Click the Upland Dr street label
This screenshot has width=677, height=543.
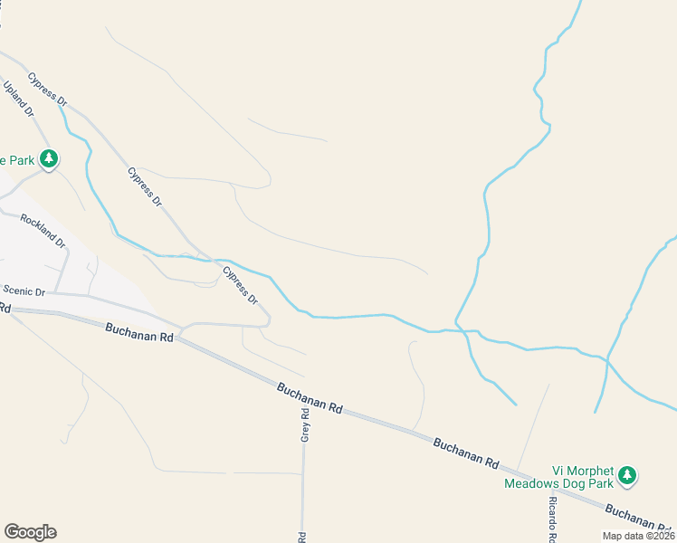(19, 100)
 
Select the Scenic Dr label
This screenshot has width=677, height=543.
(24, 291)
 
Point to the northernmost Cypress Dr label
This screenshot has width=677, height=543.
(48, 90)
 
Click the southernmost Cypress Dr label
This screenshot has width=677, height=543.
(241, 286)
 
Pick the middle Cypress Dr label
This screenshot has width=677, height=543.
(145, 186)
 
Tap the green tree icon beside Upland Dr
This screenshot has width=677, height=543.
(49, 161)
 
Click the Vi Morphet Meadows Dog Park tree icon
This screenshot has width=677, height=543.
(627, 475)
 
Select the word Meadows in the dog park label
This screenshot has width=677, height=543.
(534, 483)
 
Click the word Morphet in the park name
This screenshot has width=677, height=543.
(587, 471)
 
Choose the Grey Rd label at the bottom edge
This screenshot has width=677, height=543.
(302, 537)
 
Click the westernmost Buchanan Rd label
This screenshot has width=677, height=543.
(138, 334)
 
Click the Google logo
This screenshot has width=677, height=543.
(30, 532)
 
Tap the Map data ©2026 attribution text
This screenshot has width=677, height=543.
(637, 536)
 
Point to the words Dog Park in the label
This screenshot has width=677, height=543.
(589, 483)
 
